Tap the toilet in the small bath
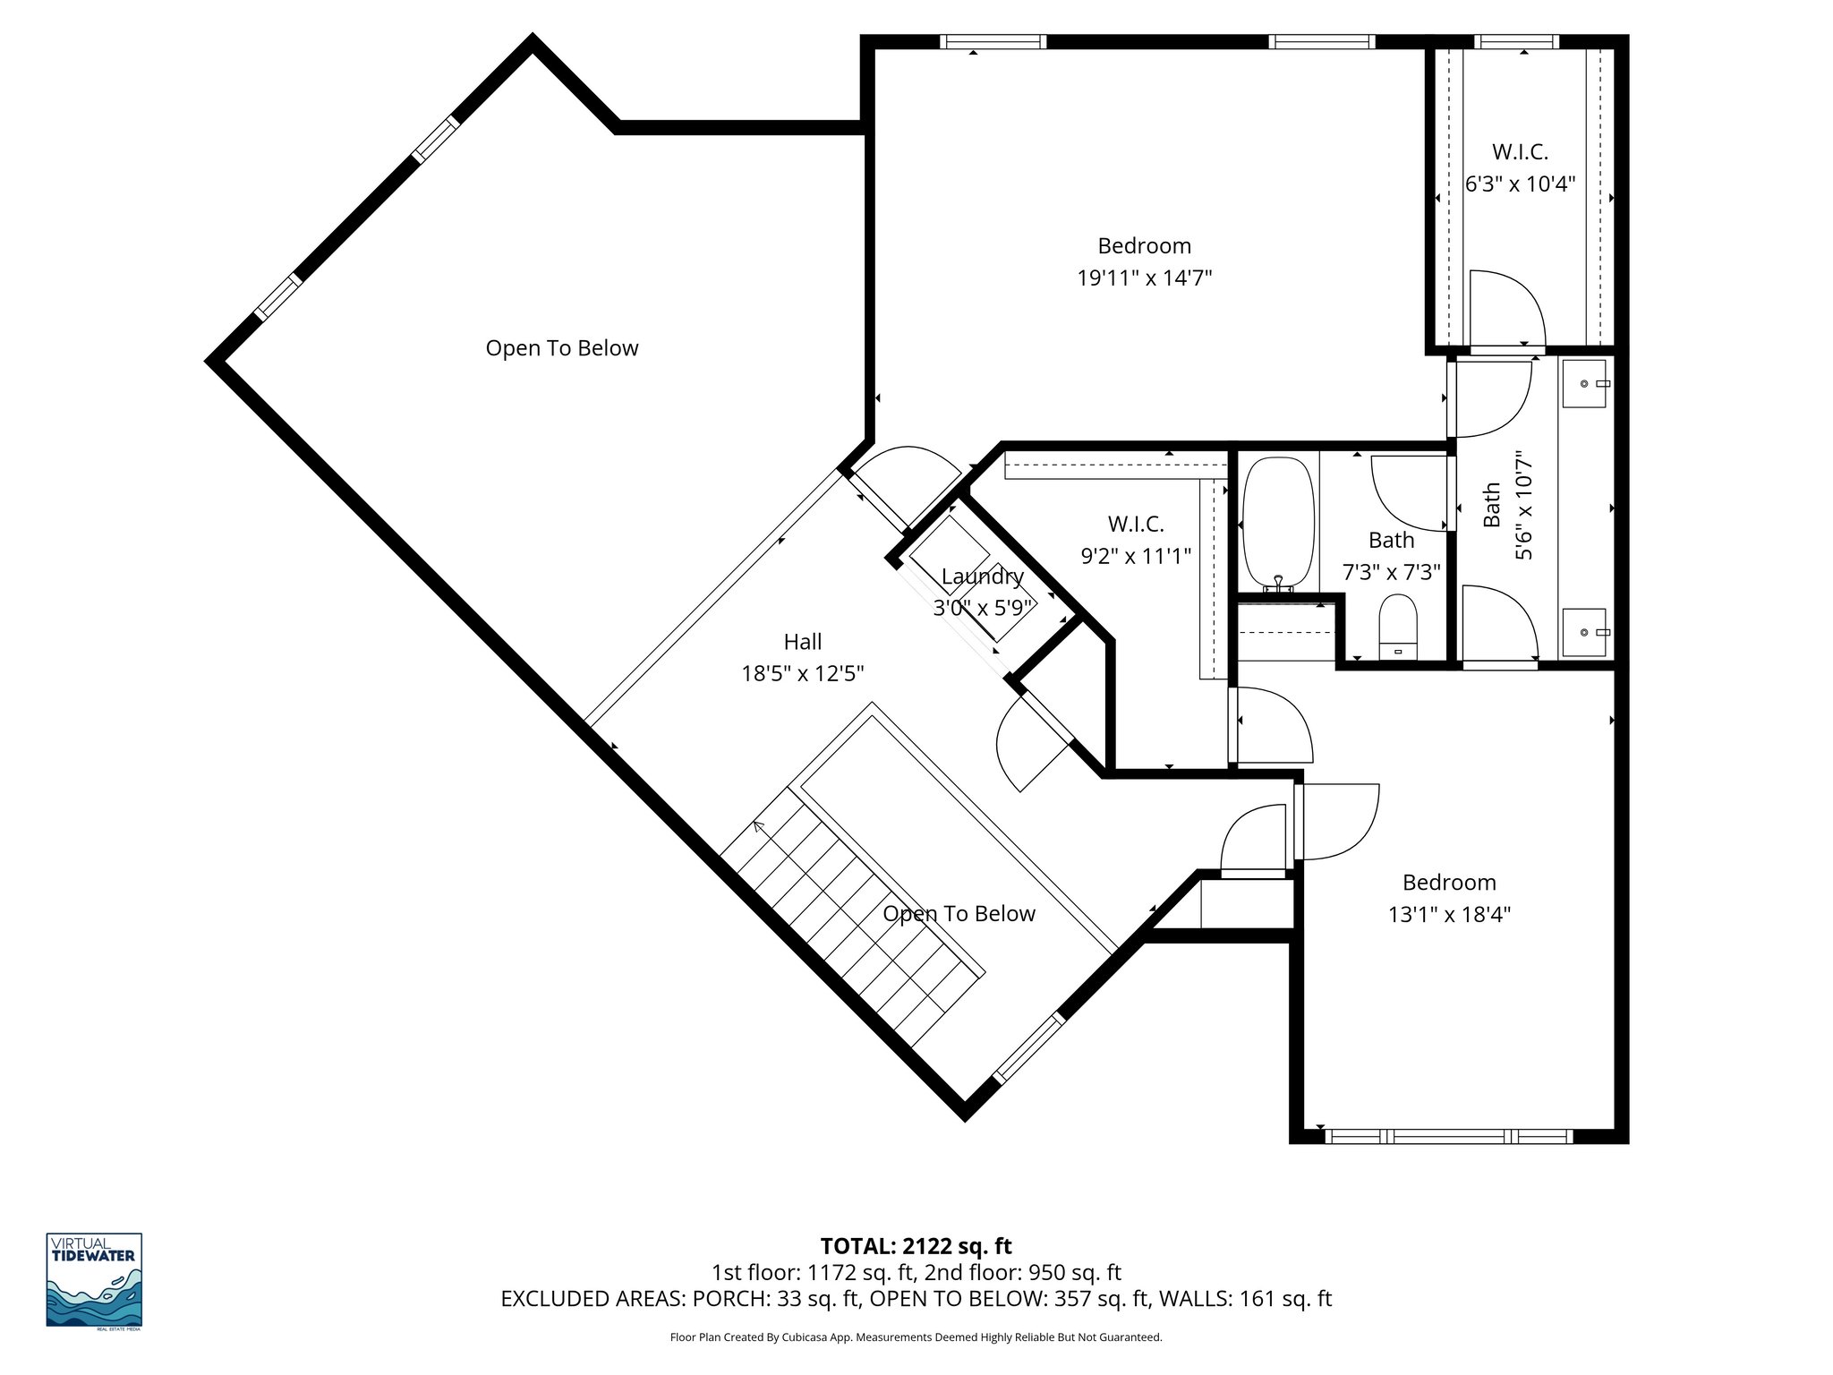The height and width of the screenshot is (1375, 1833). pyautogui.click(x=1399, y=623)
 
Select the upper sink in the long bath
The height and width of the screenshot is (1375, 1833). pyautogui.click(x=1586, y=384)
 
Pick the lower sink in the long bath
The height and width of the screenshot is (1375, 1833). pyautogui.click(x=1586, y=632)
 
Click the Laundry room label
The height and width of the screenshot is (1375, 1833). pyautogui.click(x=982, y=576)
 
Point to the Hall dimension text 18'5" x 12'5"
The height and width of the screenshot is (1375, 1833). pyautogui.click(x=802, y=674)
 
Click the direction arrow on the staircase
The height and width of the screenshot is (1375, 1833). pyautogui.click(x=760, y=826)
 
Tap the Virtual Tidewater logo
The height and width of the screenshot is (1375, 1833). pyautogui.click(x=94, y=1281)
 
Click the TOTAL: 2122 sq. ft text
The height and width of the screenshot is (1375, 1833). pyautogui.click(x=916, y=1246)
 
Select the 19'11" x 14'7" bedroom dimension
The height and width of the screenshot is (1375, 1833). pyautogui.click(x=1144, y=278)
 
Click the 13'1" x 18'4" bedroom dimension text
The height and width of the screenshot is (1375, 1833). pyautogui.click(x=1449, y=914)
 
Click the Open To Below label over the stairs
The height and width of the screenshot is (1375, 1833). pyautogui.click(x=959, y=914)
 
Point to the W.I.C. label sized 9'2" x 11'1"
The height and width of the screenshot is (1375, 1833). pyautogui.click(x=1136, y=524)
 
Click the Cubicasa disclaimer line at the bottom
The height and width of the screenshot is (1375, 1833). pyautogui.click(x=916, y=1337)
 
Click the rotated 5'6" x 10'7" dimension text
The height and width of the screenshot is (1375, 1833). pyautogui.click(x=1523, y=508)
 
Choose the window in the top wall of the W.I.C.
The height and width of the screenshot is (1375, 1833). pyautogui.click(x=1516, y=41)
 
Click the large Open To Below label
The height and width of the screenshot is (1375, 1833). pyautogui.click(x=562, y=348)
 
